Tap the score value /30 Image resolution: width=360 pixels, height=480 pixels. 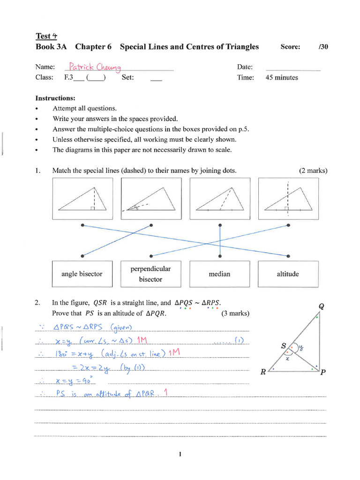point(322,47)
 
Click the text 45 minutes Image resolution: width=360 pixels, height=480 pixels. point(281,78)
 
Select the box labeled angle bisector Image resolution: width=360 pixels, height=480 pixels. point(82,274)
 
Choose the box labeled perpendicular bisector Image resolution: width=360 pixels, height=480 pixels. point(150,274)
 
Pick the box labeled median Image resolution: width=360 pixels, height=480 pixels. point(219,274)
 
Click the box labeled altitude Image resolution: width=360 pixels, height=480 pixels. point(288,274)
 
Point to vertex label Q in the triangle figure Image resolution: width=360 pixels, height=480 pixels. point(321,307)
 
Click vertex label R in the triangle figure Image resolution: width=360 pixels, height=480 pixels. point(263,373)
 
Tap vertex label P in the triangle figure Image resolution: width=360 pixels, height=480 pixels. point(322,373)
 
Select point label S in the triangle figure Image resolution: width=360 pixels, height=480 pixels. point(284,346)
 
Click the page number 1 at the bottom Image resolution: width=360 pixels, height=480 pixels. point(180,454)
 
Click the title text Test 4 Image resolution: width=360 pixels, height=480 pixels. point(46,36)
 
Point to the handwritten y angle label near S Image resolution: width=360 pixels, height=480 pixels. point(302,348)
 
